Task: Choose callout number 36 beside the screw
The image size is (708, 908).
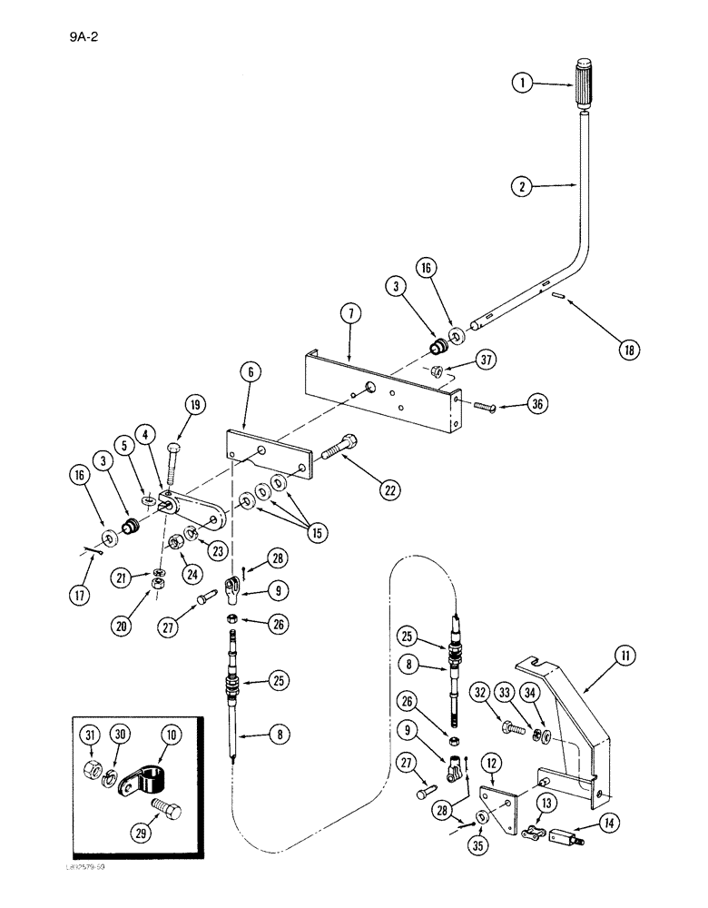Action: [x=538, y=406]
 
